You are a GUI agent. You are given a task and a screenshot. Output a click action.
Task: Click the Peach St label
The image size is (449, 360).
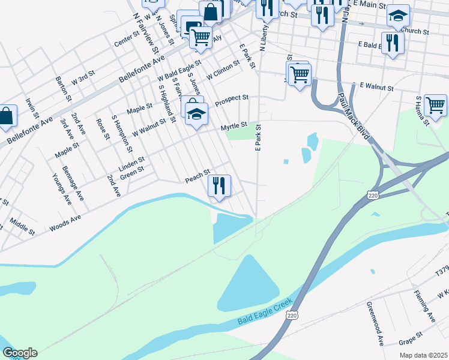(x=197, y=178)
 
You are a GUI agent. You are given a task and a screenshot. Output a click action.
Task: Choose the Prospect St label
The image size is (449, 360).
(x=232, y=98)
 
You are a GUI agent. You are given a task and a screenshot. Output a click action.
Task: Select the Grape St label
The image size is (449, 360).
(x=411, y=338)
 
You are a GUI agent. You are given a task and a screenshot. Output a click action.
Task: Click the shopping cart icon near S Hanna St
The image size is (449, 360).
(x=435, y=105)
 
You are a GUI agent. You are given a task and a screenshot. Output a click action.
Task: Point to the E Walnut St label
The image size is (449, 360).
(x=376, y=88)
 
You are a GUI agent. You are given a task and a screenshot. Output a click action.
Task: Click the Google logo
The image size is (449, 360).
(x=19, y=353)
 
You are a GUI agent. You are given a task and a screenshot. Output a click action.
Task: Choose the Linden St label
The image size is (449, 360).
(x=132, y=163)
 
